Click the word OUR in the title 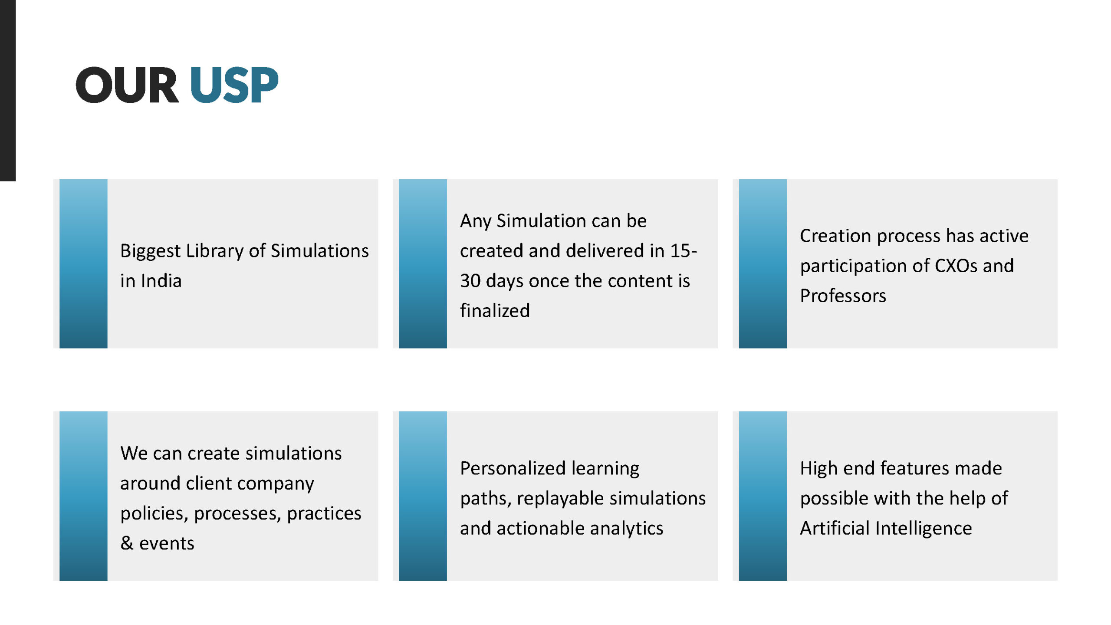pyautogui.click(x=127, y=85)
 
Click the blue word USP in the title pyautogui.click(x=234, y=85)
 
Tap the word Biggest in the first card pyautogui.click(x=150, y=251)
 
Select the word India pyautogui.click(x=161, y=281)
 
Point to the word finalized pyautogui.click(x=495, y=311)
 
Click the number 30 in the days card pyautogui.click(x=470, y=281)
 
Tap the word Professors pyautogui.click(x=843, y=296)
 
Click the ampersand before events pyautogui.click(x=127, y=543)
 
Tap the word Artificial pyautogui.click(x=835, y=529)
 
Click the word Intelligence pyautogui.click(x=924, y=529)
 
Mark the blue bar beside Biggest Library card pyautogui.click(x=83, y=263)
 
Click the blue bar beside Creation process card pyautogui.click(x=763, y=263)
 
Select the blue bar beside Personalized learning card pyautogui.click(x=423, y=496)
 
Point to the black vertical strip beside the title pyautogui.click(x=8, y=90)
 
